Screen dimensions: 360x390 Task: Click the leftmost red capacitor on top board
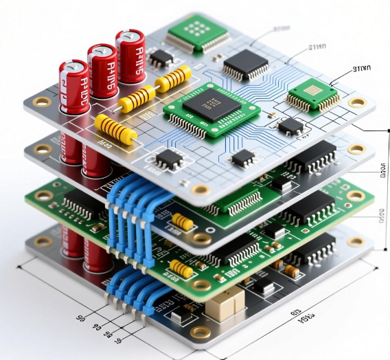click(x=73, y=86)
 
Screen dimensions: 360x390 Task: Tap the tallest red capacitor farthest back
click(x=130, y=56)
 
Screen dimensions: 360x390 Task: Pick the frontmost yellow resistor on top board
click(x=115, y=128)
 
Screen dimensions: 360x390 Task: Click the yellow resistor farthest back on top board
click(x=173, y=78)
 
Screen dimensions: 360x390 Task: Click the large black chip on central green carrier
click(x=209, y=107)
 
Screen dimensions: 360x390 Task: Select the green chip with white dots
click(x=197, y=30)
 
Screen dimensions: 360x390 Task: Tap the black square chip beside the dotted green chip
click(x=245, y=65)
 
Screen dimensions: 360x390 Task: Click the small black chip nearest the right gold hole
click(x=291, y=125)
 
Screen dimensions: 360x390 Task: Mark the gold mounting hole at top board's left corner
click(x=42, y=102)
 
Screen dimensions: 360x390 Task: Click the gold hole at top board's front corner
click(x=200, y=189)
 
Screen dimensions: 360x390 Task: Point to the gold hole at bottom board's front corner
click(x=200, y=333)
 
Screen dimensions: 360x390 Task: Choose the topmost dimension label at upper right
click(x=281, y=29)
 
